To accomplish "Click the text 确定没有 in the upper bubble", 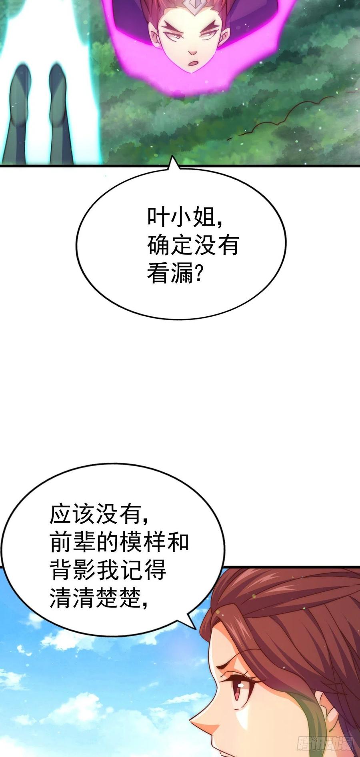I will coord(193,245).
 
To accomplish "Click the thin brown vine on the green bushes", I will coord(280,116).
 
